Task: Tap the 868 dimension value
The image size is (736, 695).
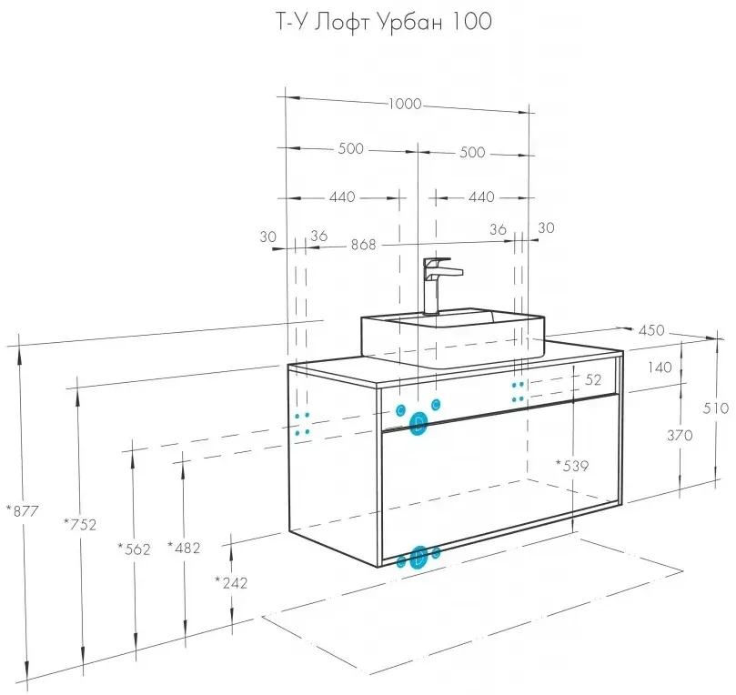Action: [x=363, y=245]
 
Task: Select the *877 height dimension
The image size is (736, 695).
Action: [x=22, y=511]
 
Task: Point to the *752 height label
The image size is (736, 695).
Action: [x=80, y=523]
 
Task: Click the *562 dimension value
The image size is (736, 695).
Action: [x=133, y=548]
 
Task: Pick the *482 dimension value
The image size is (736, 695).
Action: [x=184, y=548]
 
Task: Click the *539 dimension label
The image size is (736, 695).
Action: [x=572, y=466]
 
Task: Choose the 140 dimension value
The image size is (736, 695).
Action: [x=661, y=368]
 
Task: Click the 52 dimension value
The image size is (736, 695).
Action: [x=594, y=378]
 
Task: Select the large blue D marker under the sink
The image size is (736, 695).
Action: [x=418, y=423]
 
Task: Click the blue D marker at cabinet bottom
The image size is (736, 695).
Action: [x=419, y=558]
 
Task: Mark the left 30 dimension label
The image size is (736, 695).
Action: [x=267, y=237]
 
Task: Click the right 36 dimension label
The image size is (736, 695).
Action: [x=498, y=230]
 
